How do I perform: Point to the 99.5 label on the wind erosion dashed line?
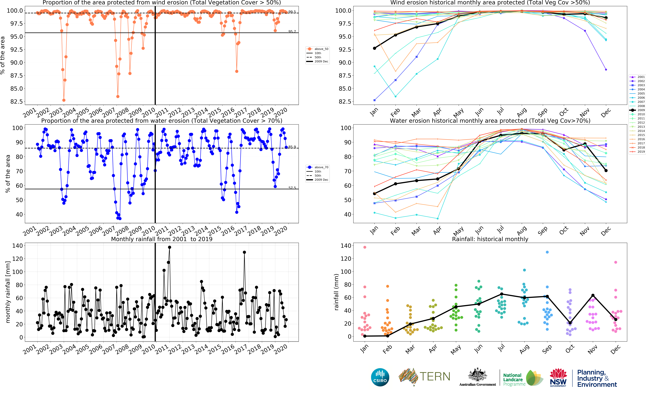[x=292, y=12]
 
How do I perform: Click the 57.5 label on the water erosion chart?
[x=292, y=188]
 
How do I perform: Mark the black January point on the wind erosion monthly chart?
[x=374, y=48]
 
